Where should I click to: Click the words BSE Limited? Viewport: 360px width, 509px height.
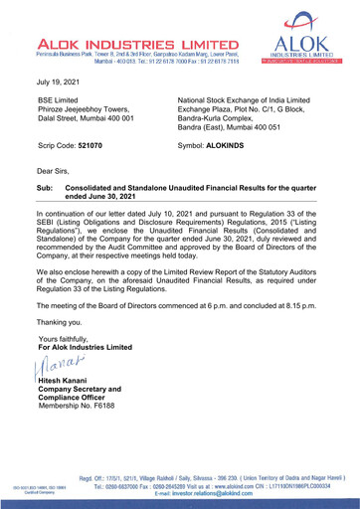[60, 102]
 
